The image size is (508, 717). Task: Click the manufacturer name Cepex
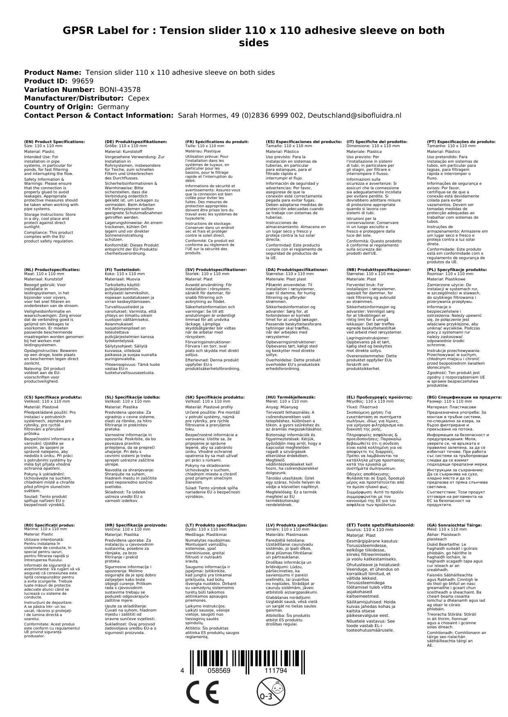(x=139, y=98)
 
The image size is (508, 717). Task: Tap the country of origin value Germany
(x=113, y=107)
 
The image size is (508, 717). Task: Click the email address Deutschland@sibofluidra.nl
(x=354, y=115)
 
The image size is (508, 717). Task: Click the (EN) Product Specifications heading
(x=55, y=142)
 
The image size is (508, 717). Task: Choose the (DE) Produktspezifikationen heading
(x=136, y=142)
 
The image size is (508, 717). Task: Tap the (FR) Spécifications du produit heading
(x=217, y=142)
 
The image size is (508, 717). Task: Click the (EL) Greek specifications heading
(x=379, y=397)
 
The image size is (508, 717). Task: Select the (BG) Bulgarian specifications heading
(x=464, y=397)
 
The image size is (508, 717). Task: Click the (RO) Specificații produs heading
(x=50, y=525)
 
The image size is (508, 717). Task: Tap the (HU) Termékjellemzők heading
(x=291, y=397)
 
